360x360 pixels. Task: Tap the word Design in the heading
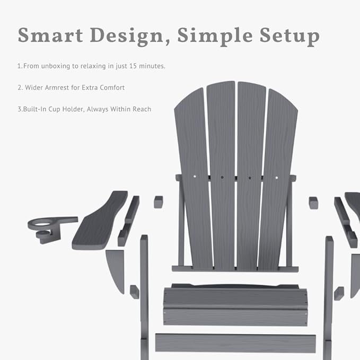(x=128, y=35)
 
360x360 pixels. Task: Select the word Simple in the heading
(x=213, y=35)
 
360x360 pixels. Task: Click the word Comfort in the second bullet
(x=112, y=87)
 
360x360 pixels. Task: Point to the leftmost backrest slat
(x=192, y=175)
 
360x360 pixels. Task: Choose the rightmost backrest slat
(x=278, y=175)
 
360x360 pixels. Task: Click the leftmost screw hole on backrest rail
(x=195, y=177)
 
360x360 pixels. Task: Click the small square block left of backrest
(x=158, y=202)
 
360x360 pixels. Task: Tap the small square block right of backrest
(x=313, y=203)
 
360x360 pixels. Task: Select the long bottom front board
(x=235, y=343)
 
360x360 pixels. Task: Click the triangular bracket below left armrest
(x=116, y=268)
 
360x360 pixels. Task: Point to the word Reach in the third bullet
(x=141, y=109)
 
